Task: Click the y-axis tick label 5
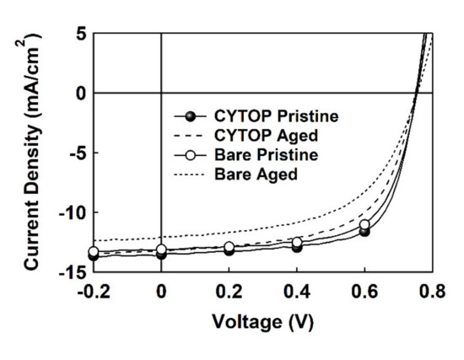[x=79, y=34]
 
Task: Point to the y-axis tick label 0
[x=79, y=94]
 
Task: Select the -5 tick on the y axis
[x=75, y=153]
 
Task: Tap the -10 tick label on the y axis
[x=71, y=212]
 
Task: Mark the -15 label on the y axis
[x=71, y=271]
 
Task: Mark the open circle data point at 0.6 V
[x=364, y=225]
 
